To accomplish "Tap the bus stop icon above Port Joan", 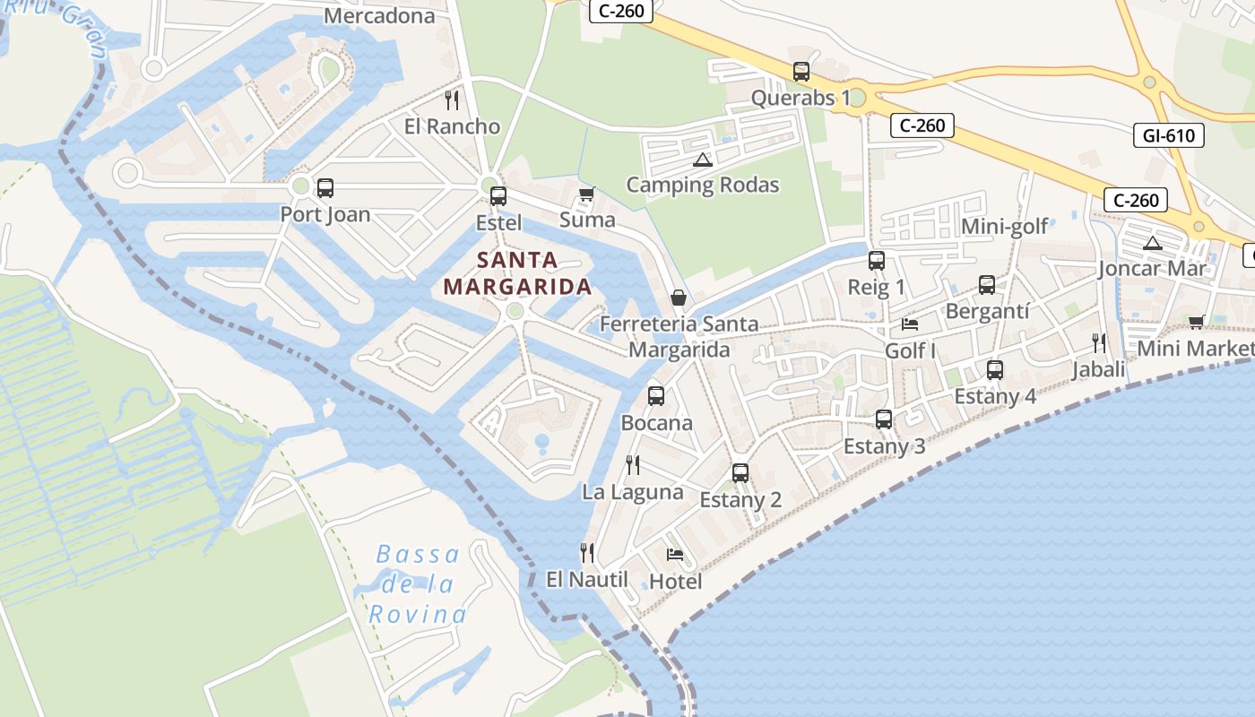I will pos(325,188).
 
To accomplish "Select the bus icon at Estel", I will pos(498,195).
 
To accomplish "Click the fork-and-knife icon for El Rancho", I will pos(452,99).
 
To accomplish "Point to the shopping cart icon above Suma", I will pos(587,194).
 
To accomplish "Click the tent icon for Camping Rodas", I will pos(702,160).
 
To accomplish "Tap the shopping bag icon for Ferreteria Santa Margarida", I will pos(679,297).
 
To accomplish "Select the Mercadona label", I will pos(379,15).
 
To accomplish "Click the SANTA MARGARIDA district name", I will pos(517,273).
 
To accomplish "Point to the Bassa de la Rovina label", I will pos(418,584).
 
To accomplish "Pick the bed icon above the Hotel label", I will pos(675,555).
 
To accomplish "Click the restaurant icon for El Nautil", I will pos(587,552).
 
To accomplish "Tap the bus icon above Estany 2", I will pos(740,473).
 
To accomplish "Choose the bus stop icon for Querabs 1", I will pos(801,72).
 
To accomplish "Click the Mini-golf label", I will pos(1004,226).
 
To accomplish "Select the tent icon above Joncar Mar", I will pos(1152,242).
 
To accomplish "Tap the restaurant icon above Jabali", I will pos(1099,342).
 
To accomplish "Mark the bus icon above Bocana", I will pos(656,395).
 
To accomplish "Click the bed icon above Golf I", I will pos(910,324).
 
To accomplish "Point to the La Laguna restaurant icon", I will pos(633,464).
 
